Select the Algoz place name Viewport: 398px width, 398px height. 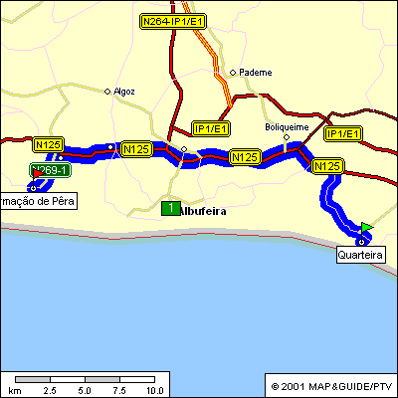pos(124,91)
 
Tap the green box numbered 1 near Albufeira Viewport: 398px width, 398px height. pos(170,208)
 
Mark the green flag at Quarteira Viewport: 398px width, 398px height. pos(367,228)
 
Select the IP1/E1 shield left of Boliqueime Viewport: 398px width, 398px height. pos(211,129)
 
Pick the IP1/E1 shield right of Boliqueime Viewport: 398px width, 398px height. pos(344,132)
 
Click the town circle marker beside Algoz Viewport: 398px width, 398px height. pos(108,92)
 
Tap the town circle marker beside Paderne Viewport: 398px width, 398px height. pos(233,72)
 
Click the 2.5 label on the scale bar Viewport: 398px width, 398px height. pos(49,391)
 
